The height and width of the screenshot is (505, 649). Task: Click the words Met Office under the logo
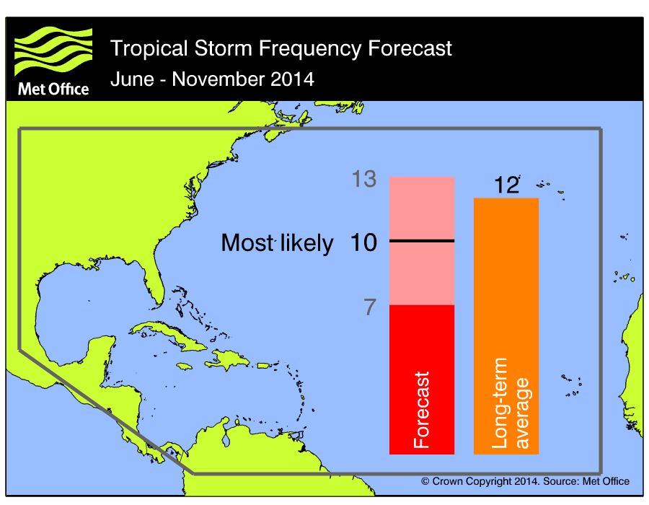52,89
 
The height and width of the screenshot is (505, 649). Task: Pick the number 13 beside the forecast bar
364,179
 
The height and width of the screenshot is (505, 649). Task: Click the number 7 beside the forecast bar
370,307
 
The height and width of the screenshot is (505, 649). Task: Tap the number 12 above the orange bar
507,185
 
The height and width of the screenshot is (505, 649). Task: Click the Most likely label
277,243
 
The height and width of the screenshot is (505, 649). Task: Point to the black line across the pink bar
422,240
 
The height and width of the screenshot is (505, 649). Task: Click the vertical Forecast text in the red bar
422,410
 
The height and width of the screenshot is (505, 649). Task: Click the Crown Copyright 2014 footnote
525,481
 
